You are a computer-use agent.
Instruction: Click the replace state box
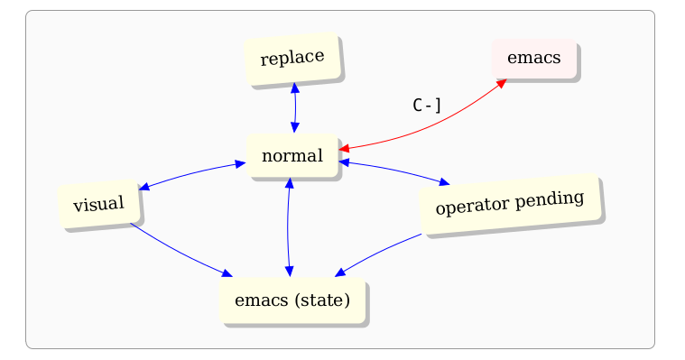(x=292, y=59)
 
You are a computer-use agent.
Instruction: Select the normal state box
(x=292, y=155)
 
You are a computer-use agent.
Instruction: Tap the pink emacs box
(x=533, y=58)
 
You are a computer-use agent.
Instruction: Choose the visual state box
(x=98, y=204)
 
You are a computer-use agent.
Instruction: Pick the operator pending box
(x=509, y=204)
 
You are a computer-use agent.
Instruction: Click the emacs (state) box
(x=292, y=300)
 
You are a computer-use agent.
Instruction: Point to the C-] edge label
(x=427, y=106)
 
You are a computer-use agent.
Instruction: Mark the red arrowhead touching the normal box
(x=345, y=147)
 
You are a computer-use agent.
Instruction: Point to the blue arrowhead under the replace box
(x=294, y=88)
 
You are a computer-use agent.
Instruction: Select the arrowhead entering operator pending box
(x=443, y=182)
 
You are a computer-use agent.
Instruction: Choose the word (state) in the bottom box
(x=322, y=300)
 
